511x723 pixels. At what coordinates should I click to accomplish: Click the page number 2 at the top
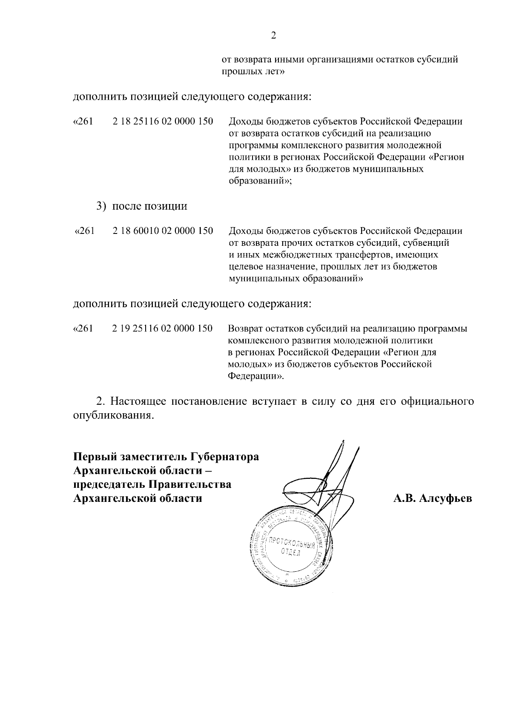(274, 35)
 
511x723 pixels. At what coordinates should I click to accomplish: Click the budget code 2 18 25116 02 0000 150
(163, 121)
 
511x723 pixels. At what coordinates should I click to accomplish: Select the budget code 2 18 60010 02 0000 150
(163, 231)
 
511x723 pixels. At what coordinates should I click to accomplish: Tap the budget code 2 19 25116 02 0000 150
(163, 329)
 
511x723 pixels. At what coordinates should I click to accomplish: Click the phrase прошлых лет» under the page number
(253, 72)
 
